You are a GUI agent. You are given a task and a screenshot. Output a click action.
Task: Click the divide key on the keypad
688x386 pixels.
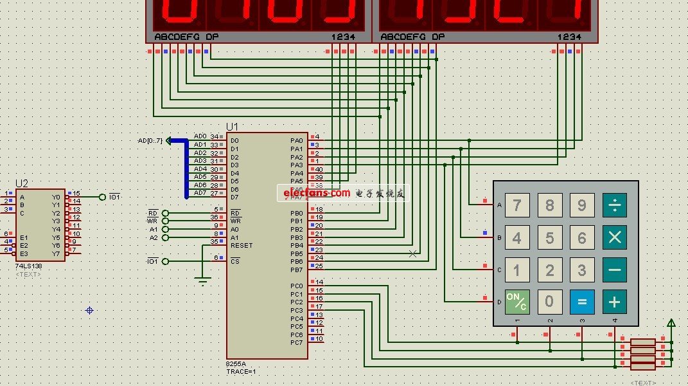(x=615, y=205)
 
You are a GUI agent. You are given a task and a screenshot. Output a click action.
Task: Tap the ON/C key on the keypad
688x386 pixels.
(x=516, y=301)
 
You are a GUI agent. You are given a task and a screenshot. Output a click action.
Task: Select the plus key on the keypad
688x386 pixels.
(x=615, y=301)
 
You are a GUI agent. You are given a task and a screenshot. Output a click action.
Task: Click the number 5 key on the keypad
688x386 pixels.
(x=549, y=237)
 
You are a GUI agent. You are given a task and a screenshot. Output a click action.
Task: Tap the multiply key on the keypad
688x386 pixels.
(x=615, y=237)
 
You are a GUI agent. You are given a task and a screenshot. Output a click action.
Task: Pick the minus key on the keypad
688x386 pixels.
(x=615, y=270)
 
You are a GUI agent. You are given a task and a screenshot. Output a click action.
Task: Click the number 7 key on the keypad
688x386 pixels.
(x=516, y=205)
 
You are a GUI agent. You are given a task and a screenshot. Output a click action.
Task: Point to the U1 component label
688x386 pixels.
(x=232, y=127)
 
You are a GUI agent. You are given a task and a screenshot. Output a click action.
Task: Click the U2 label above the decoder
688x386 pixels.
(x=22, y=183)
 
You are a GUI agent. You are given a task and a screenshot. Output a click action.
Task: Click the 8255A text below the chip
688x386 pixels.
(x=236, y=364)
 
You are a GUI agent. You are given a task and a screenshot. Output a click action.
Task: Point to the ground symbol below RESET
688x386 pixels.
(x=203, y=280)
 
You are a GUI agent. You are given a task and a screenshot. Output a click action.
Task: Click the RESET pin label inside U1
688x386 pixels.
(x=242, y=246)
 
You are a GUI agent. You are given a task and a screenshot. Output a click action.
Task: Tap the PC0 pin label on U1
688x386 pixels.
(x=296, y=286)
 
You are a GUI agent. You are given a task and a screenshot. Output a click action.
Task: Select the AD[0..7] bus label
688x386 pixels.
(x=150, y=141)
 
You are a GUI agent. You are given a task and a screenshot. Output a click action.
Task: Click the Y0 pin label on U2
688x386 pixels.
(x=56, y=197)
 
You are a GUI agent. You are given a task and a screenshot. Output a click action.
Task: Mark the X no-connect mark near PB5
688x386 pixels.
(x=412, y=253)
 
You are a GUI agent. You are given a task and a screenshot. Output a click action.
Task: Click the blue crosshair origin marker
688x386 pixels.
(x=89, y=311)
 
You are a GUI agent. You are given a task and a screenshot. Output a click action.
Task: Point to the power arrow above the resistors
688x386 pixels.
(x=671, y=323)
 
